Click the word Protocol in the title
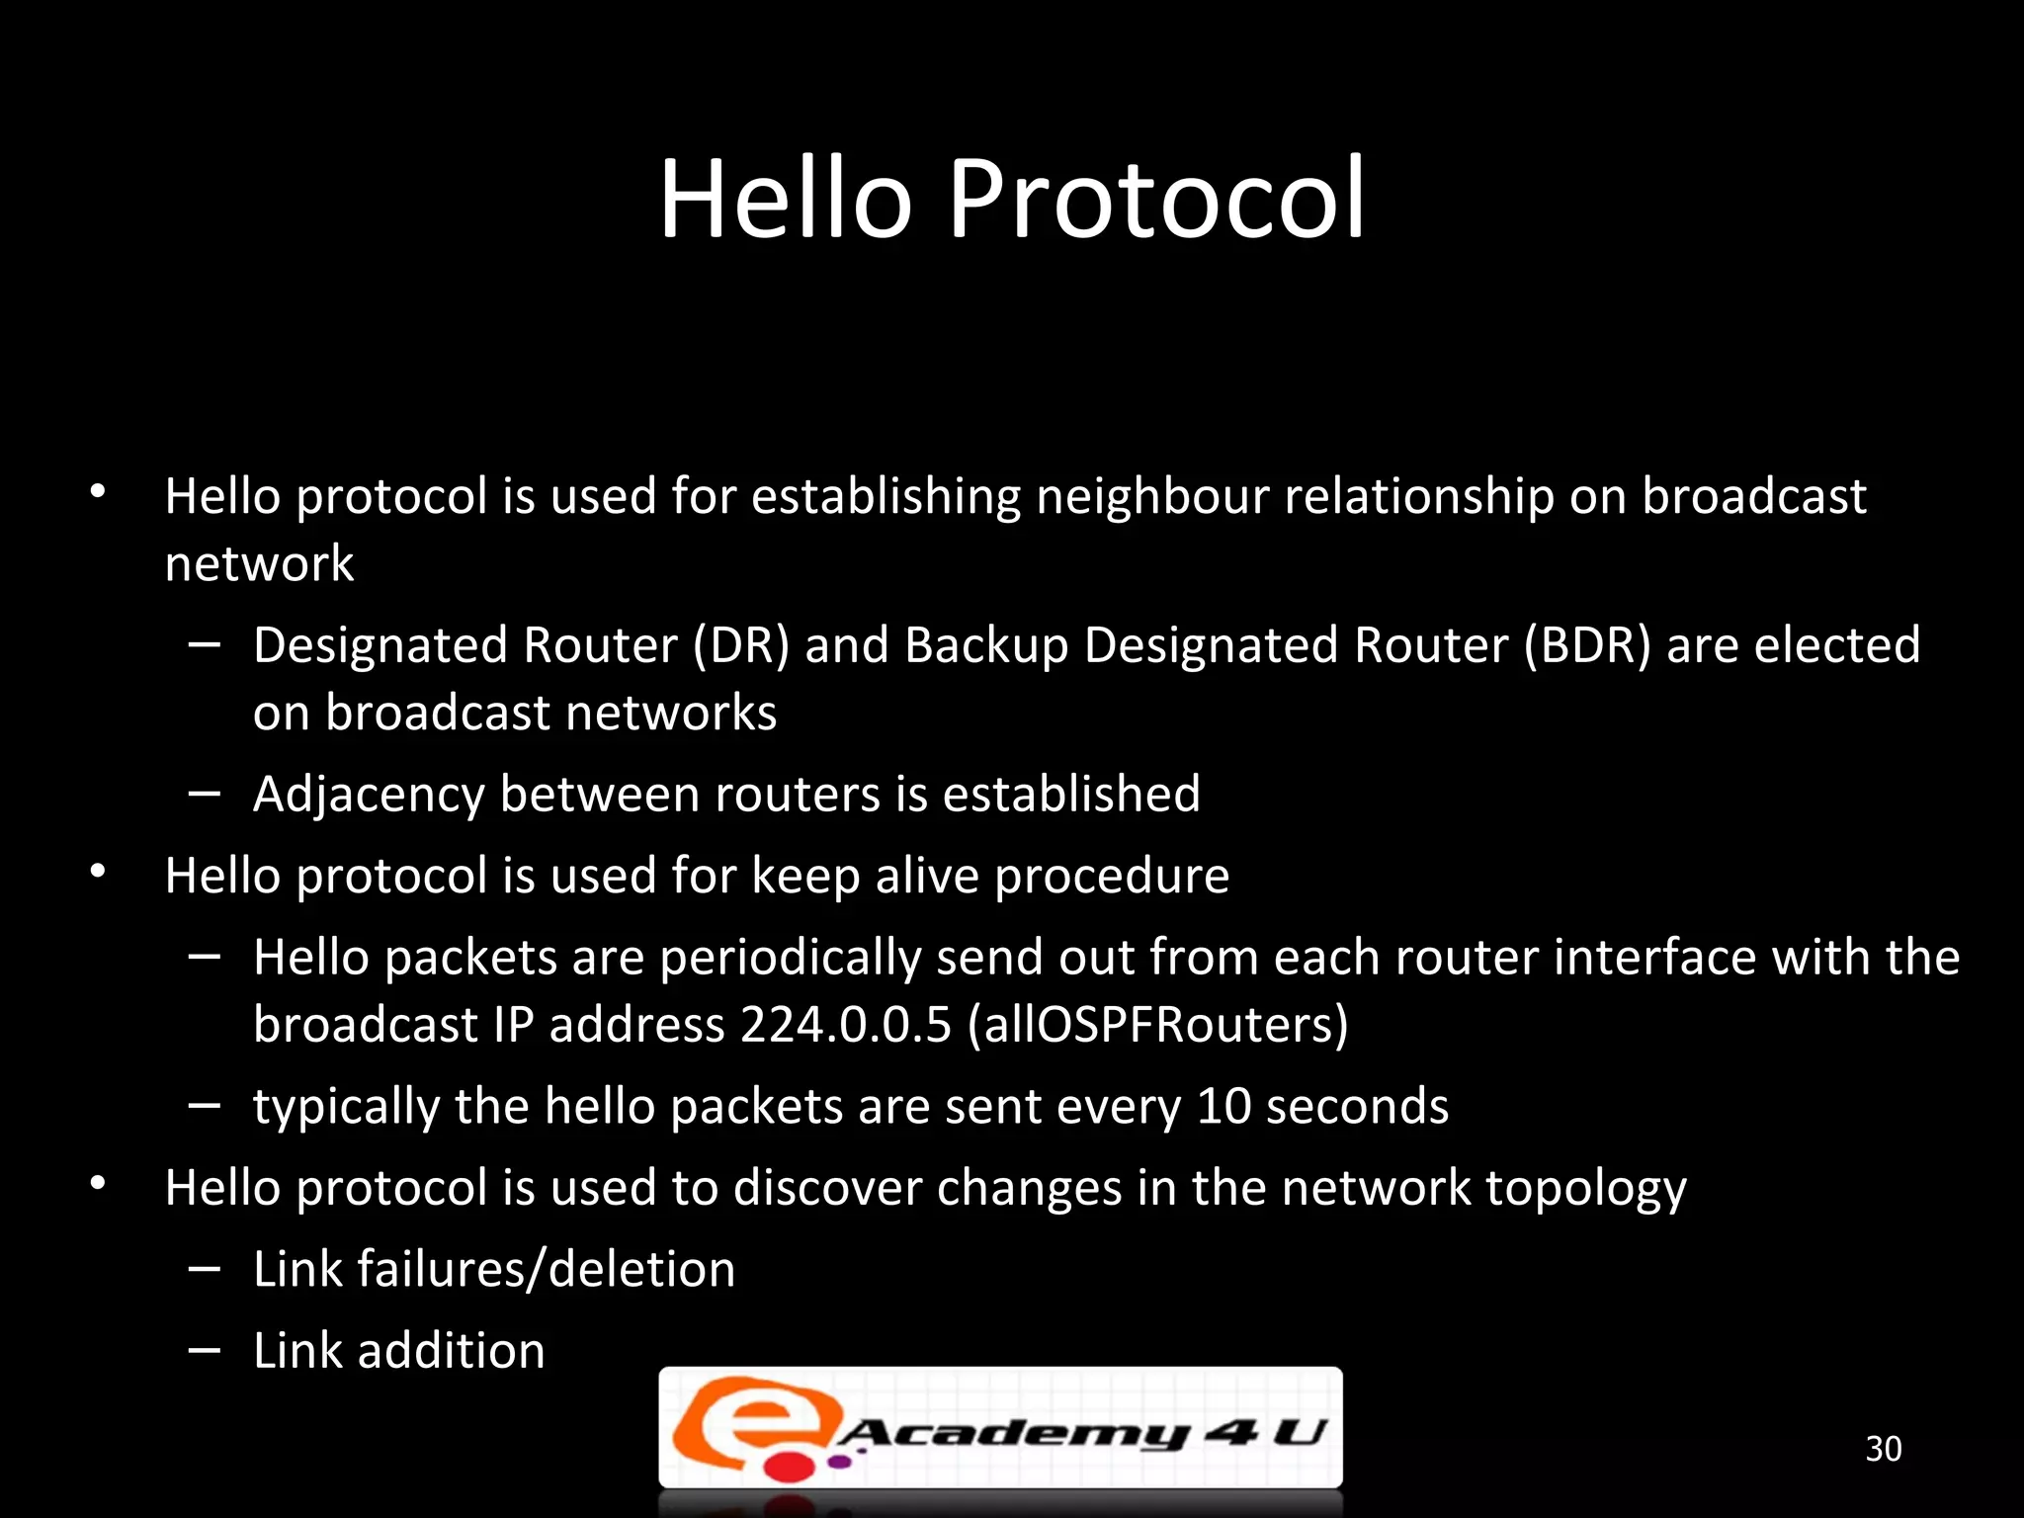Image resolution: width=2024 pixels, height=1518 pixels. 1156,201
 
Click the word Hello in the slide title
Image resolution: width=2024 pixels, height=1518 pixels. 786,201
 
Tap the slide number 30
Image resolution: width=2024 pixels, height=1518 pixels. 1883,1449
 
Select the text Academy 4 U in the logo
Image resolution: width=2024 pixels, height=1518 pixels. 1082,1433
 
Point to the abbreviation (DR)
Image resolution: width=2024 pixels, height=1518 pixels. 740,645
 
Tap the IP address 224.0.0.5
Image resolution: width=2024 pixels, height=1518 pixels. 845,1024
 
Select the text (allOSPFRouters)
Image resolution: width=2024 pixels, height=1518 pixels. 1157,1024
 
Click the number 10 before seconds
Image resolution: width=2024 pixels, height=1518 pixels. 1223,1106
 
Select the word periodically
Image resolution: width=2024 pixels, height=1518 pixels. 790,959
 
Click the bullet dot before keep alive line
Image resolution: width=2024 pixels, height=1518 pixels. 97,872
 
